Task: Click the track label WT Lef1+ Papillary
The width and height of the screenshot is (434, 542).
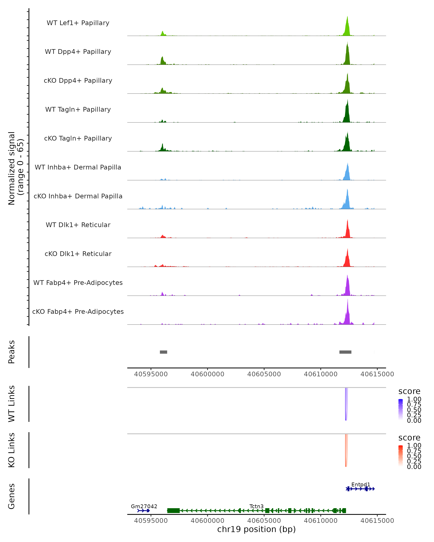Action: (x=78, y=23)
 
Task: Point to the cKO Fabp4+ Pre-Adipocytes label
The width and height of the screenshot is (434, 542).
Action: (x=78, y=311)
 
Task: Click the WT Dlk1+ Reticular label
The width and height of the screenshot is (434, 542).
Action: (x=78, y=225)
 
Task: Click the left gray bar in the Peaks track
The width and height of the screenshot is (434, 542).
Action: (x=163, y=352)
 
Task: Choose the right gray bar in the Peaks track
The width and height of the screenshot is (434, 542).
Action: (x=345, y=352)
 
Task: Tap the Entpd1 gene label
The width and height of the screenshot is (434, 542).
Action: (x=361, y=484)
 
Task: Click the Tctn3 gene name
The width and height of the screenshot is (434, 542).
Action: (x=256, y=506)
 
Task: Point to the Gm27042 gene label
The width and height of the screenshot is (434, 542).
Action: (x=144, y=506)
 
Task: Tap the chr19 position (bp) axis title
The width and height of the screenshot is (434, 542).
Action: (x=256, y=529)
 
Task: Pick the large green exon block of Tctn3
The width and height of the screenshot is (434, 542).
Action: (x=173, y=511)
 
